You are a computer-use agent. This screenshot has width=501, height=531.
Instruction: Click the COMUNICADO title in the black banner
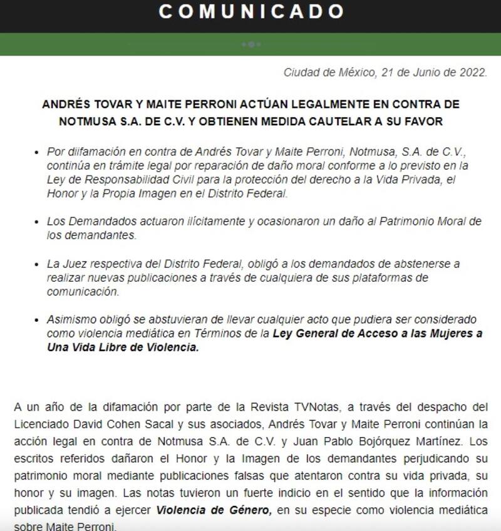pyautogui.click(x=250, y=12)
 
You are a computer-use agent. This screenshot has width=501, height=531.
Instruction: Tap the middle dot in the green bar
pyautogui.click(x=250, y=44)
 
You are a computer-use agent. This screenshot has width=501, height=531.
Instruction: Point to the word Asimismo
pyautogui.click(x=69, y=319)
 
